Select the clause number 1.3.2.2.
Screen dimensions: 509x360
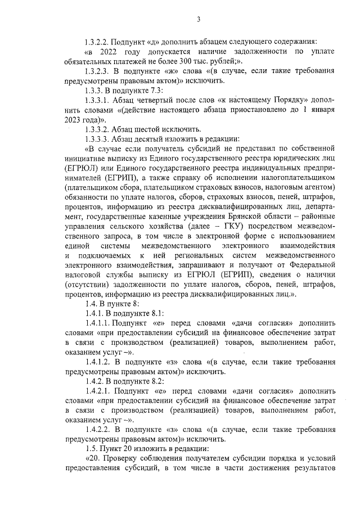(96, 42)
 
